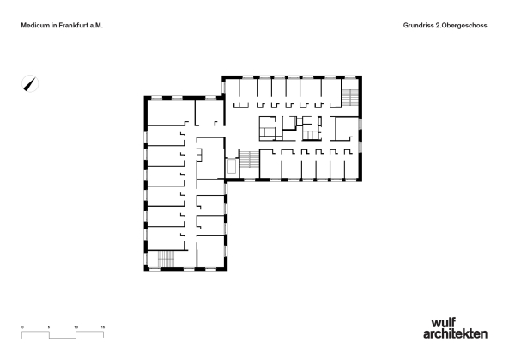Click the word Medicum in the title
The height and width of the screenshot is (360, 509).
click(33, 27)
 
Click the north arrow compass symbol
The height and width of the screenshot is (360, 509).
click(30, 83)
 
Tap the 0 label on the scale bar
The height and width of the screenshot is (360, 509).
click(23, 327)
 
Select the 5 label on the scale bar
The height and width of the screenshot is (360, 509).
click(50, 327)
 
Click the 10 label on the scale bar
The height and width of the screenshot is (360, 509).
click(76, 327)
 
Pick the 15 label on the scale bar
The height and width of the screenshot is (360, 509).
click(103, 327)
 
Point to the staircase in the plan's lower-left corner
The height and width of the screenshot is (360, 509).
click(166, 259)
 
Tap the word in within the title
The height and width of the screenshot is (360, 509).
click(52, 27)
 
